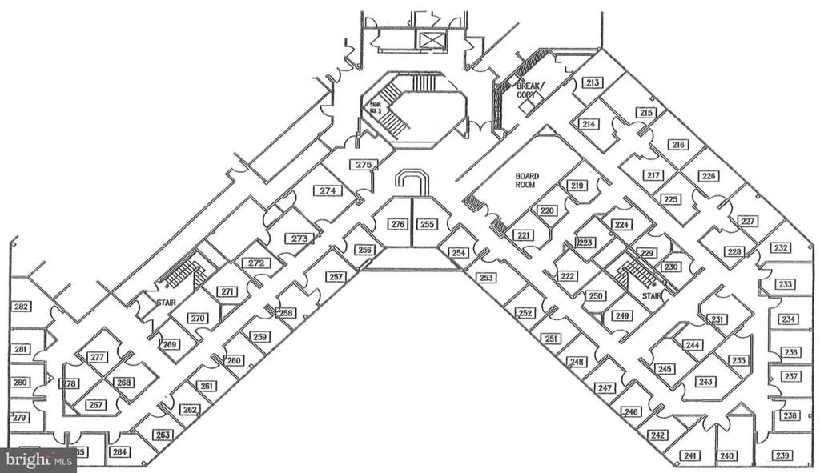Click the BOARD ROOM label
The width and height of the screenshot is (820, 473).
[x=526, y=180]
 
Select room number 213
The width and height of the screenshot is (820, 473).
[x=593, y=83]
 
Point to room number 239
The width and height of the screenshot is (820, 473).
[x=782, y=456]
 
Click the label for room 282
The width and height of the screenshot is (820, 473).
[x=21, y=307]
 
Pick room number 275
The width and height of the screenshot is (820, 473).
[x=364, y=165]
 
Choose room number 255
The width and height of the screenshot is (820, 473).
[x=428, y=225]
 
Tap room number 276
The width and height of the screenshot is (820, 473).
[x=398, y=225]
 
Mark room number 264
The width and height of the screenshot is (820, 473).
[x=120, y=452]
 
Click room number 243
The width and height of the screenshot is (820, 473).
[x=705, y=382]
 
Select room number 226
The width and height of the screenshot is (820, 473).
[x=708, y=177]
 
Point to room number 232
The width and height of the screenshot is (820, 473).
[x=782, y=248]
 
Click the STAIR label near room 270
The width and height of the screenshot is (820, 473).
[x=166, y=303]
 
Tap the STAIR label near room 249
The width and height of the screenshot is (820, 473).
[x=652, y=295]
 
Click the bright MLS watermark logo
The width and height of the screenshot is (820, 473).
[x=38, y=460]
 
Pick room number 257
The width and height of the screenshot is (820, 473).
[x=336, y=277]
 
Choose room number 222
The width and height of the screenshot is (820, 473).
[x=568, y=276]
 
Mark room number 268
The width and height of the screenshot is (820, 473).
[x=124, y=383]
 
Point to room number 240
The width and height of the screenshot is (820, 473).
[x=727, y=456]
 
